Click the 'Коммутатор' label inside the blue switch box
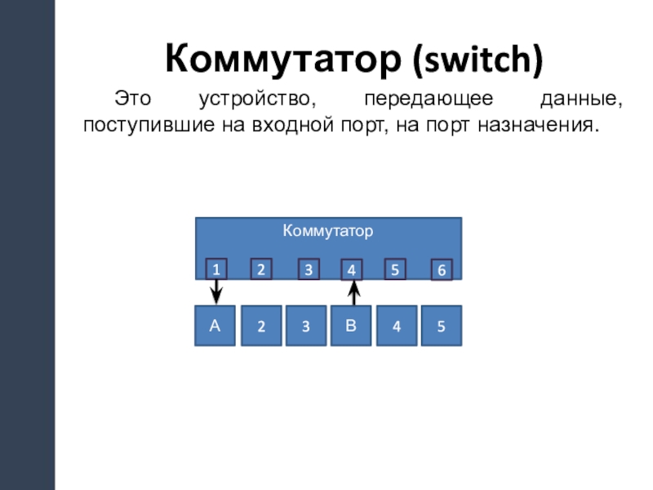328,231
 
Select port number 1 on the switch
215,269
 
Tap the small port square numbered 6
442,270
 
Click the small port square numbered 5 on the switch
395,269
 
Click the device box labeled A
215,326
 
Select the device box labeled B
350,326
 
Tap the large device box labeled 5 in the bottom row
442,327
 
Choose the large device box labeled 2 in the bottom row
261,327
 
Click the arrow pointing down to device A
216,291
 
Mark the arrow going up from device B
353,292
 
